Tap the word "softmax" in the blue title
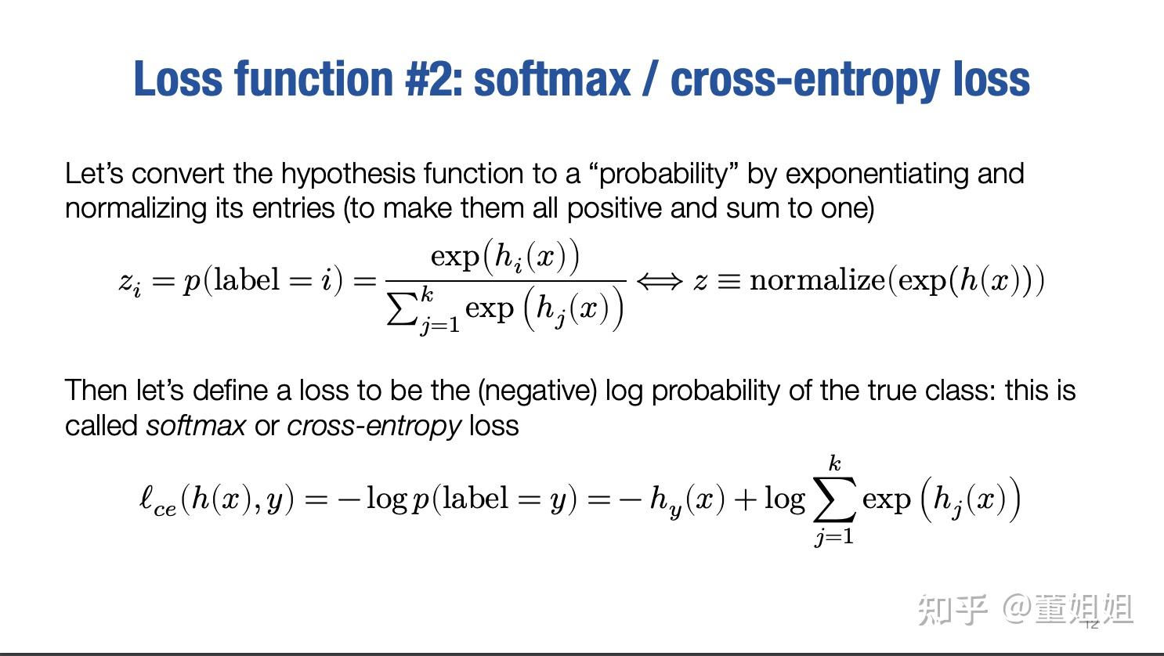(x=552, y=79)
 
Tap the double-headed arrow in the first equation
(x=660, y=281)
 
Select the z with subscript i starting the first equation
(x=130, y=282)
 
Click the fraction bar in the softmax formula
(x=506, y=280)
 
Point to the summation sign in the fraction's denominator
(x=403, y=309)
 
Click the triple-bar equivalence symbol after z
(x=728, y=281)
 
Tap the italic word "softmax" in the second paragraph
(x=196, y=426)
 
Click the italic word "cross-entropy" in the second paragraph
(x=374, y=426)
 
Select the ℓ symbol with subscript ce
(x=157, y=501)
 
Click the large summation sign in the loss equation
(x=833, y=501)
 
